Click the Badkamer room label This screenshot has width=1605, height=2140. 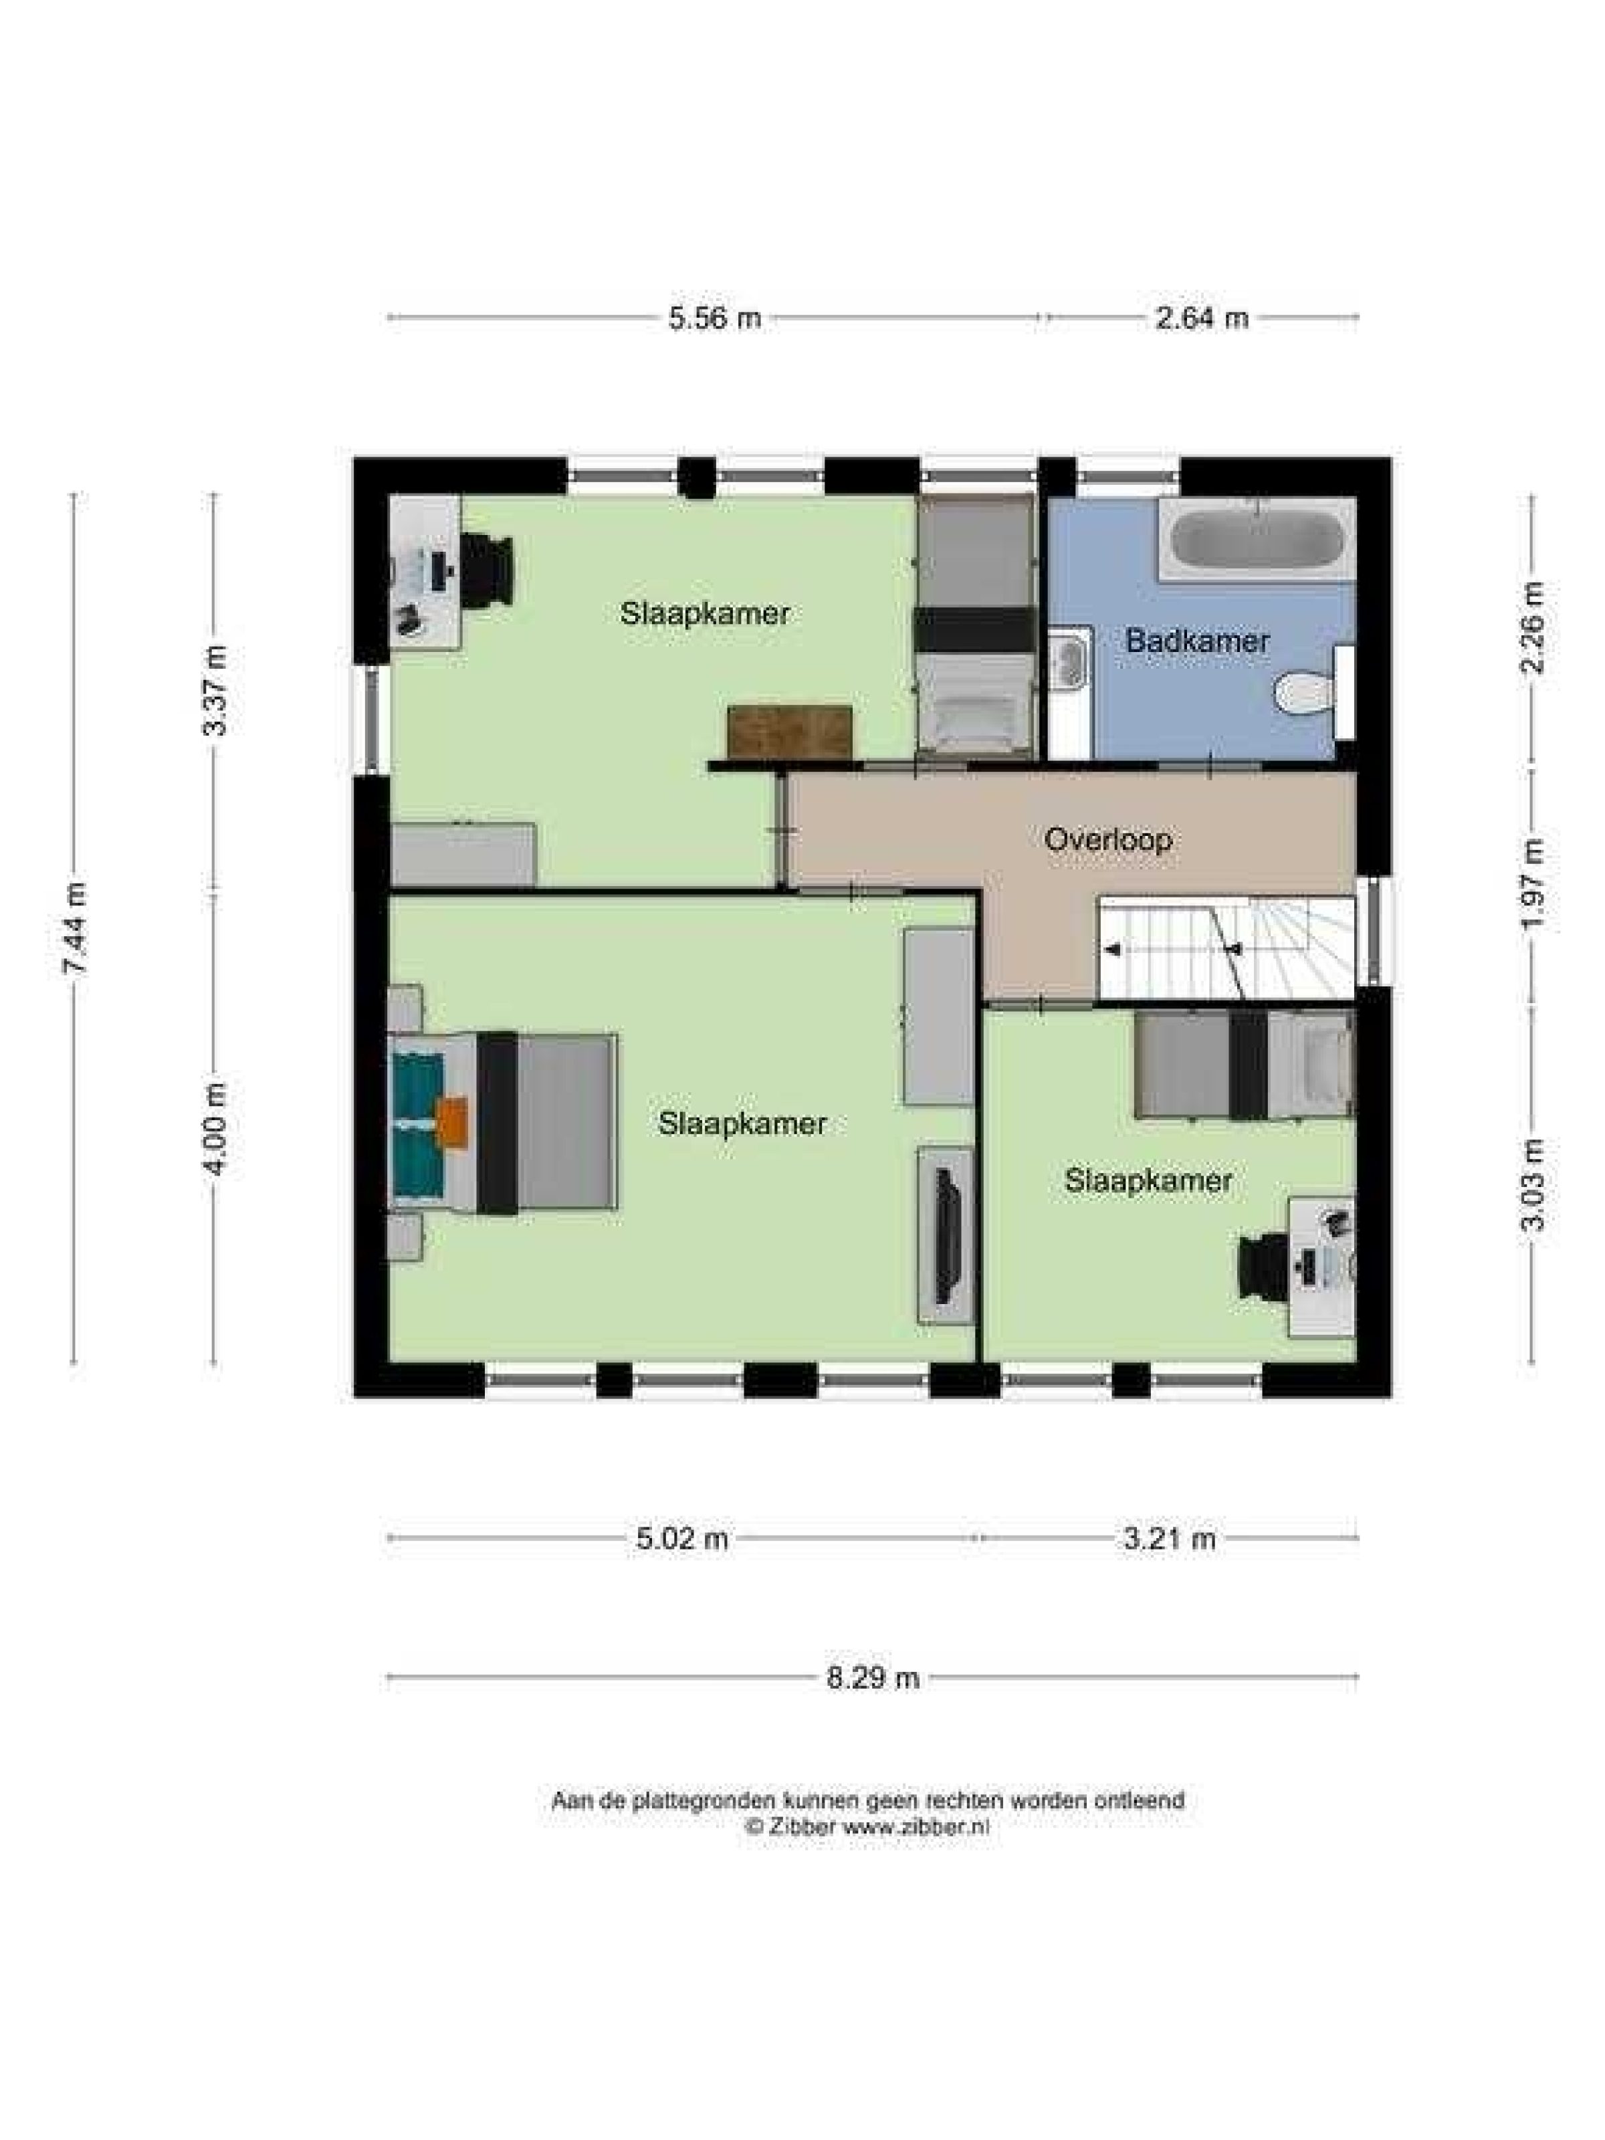coord(1196,641)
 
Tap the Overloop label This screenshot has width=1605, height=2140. coord(1107,839)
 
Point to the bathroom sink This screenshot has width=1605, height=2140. coord(1070,660)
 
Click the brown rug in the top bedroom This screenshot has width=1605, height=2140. coord(789,732)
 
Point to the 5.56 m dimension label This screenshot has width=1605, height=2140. coord(714,318)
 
